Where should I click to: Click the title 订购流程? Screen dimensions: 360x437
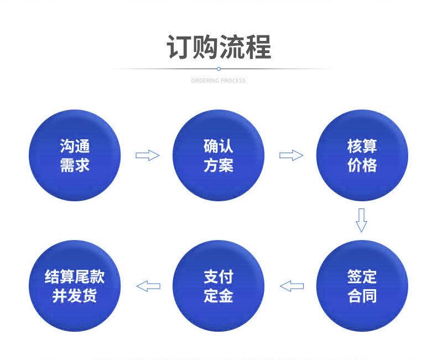click(218, 46)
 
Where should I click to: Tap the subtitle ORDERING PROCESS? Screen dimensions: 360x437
click(218, 81)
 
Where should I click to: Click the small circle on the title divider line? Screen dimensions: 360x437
click(218, 69)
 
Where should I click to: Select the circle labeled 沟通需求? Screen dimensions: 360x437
click(75, 155)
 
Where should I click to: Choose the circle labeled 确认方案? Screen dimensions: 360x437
click(218, 155)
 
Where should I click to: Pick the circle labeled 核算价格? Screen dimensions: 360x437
click(362, 155)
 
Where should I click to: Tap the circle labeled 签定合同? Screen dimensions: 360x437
click(362, 286)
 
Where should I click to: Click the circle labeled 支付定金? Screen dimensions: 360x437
click(218, 286)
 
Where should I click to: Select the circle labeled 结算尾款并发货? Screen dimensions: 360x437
click(75, 286)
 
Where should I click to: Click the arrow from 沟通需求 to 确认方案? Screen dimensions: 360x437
click(147, 155)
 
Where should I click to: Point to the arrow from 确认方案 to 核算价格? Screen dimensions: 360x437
click(290, 155)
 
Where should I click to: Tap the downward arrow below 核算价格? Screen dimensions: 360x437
click(361, 220)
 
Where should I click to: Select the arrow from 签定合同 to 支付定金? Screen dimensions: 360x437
click(292, 286)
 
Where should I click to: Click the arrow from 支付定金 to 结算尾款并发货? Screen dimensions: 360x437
click(148, 286)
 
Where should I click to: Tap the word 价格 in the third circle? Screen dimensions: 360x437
click(362, 165)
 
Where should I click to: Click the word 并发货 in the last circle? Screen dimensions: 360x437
click(75, 296)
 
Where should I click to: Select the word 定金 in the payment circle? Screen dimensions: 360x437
click(218, 296)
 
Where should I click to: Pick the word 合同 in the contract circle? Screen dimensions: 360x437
click(362, 296)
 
